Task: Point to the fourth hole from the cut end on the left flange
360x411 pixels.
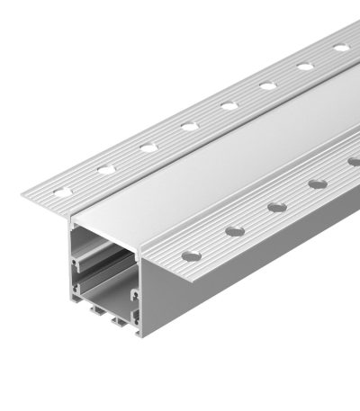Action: coord(190,125)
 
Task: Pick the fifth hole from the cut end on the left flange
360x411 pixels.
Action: coord(229,105)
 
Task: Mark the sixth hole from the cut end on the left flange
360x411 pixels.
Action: coord(267,85)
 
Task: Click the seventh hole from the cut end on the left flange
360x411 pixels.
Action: coord(305,66)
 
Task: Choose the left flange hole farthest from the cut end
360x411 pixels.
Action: coord(341,47)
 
